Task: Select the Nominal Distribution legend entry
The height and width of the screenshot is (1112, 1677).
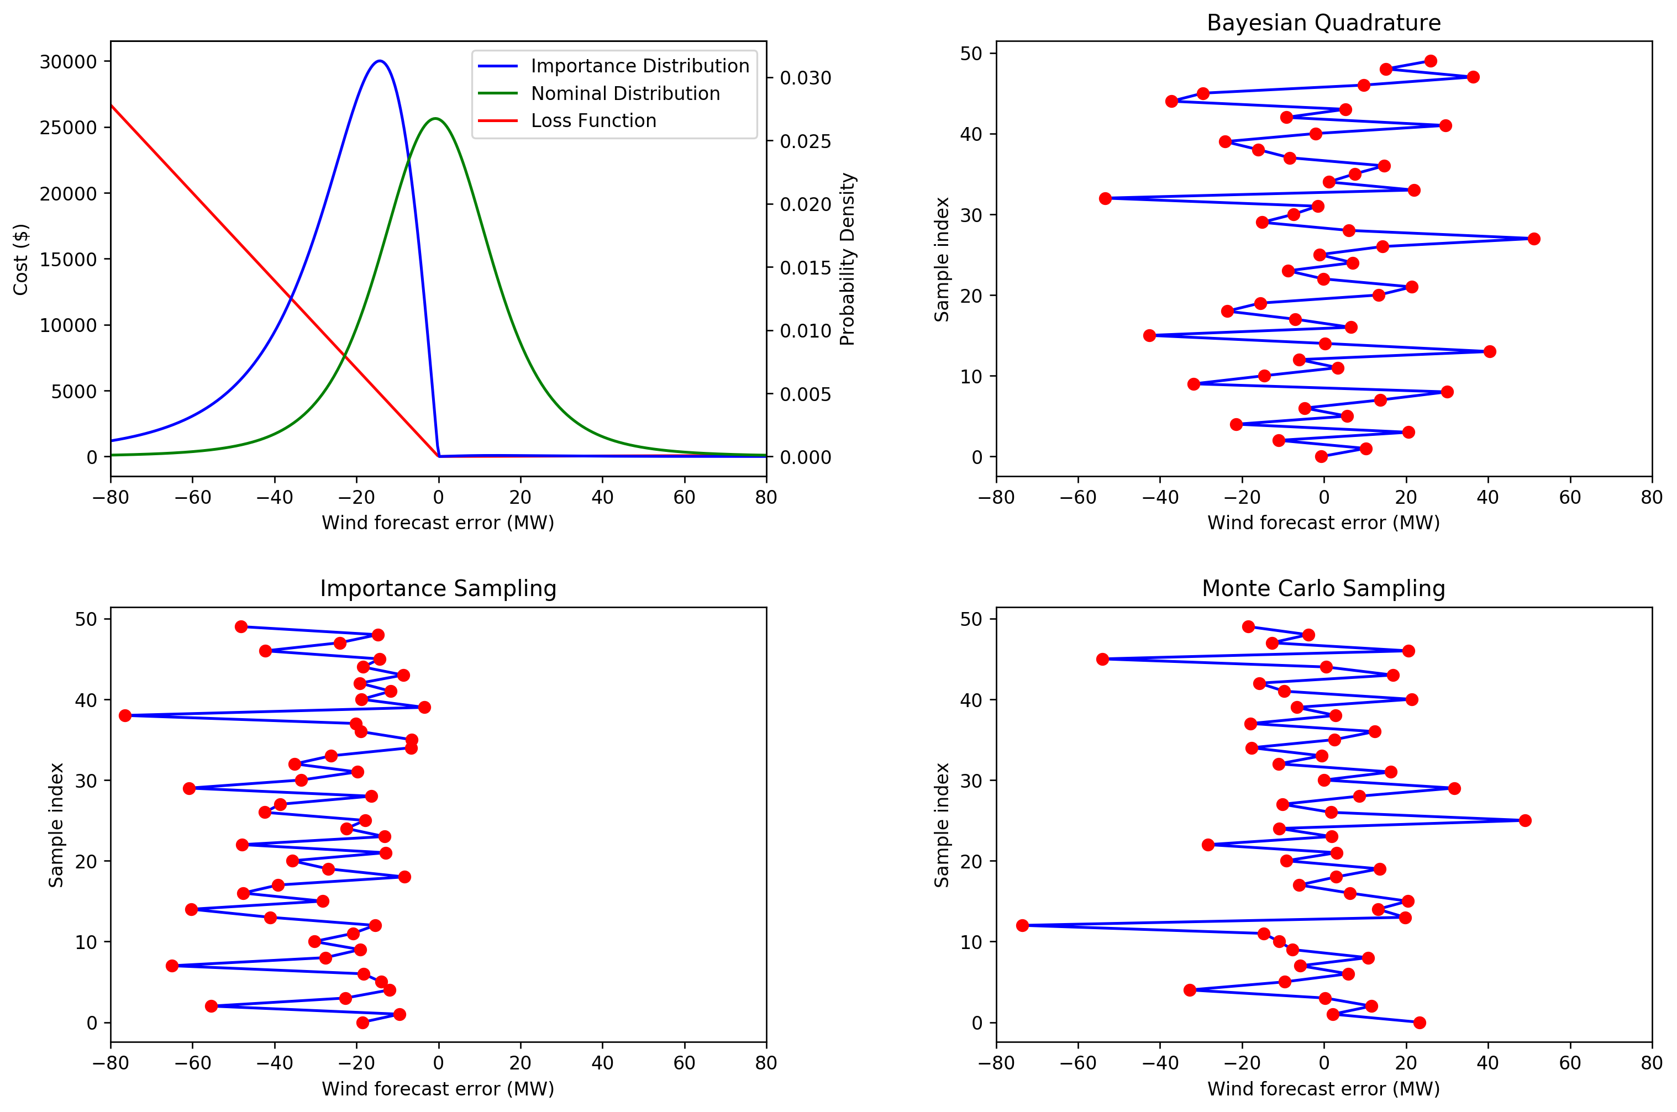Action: (625, 93)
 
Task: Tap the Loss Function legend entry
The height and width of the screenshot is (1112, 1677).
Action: (593, 120)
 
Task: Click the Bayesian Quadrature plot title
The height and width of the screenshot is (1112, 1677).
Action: (1323, 23)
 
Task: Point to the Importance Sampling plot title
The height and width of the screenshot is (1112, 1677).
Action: (438, 589)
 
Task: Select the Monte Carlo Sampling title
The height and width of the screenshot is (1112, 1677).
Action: (1323, 589)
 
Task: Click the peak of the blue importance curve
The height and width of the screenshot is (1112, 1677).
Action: (380, 61)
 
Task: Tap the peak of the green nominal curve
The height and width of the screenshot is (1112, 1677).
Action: (435, 118)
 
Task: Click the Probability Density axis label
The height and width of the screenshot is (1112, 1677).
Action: (847, 259)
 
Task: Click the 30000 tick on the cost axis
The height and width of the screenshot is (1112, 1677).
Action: (68, 62)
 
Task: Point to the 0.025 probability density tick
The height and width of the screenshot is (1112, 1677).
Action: (805, 141)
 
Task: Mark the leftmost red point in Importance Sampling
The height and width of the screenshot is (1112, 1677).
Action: (125, 715)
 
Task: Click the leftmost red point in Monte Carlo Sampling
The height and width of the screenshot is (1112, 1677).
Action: (1022, 925)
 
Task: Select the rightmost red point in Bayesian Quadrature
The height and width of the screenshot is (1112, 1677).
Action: (1534, 239)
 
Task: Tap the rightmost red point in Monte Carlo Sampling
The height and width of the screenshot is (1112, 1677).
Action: (1525, 820)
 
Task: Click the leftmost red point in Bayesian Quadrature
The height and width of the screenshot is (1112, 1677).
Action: (1105, 198)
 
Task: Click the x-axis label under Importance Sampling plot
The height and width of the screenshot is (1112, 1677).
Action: (438, 1089)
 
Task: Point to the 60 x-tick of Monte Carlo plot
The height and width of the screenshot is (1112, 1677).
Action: (1569, 1062)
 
